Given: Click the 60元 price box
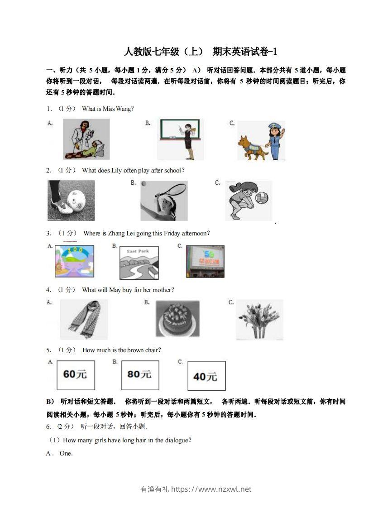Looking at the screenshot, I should (76, 375).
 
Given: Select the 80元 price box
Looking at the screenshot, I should (140, 375).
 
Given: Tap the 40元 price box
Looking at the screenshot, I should (206, 376).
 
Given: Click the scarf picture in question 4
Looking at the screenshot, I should (84, 319).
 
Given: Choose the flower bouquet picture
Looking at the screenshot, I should (259, 319).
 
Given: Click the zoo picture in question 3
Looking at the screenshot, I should (74, 261).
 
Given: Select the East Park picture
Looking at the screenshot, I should (139, 263).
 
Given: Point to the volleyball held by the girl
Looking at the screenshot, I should (262, 198).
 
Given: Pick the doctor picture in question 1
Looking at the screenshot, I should (86, 139).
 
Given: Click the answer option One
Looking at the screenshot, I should (66, 453).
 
